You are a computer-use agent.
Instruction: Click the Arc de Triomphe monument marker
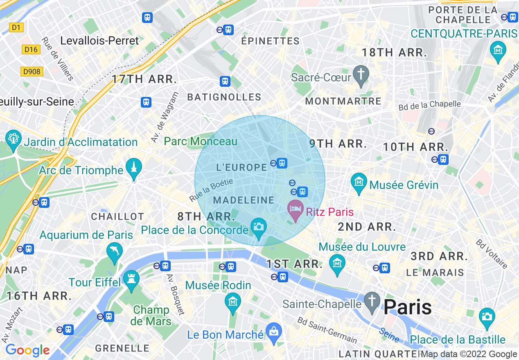[x=133, y=167]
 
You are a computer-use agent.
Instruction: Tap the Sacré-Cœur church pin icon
[x=361, y=74]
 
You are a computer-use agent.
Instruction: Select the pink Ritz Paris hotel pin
[x=295, y=209]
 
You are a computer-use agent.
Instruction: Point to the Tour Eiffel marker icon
[x=131, y=280]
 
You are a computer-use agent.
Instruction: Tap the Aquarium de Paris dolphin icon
[x=114, y=252]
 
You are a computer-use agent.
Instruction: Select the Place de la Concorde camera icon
[x=258, y=227]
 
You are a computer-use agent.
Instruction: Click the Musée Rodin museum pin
[x=233, y=302]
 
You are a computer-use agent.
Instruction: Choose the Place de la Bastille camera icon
[x=487, y=317]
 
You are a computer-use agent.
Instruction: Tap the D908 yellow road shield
[x=32, y=72]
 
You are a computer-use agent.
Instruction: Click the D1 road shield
[x=16, y=28]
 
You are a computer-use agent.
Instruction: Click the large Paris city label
[x=408, y=306]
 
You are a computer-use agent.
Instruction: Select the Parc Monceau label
[x=201, y=142]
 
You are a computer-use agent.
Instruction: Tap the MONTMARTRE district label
[x=343, y=101]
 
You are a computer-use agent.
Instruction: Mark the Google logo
[x=27, y=350]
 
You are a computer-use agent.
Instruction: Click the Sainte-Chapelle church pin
[x=372, y=301]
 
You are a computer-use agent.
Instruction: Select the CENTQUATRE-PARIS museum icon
[x=498, y=50]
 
